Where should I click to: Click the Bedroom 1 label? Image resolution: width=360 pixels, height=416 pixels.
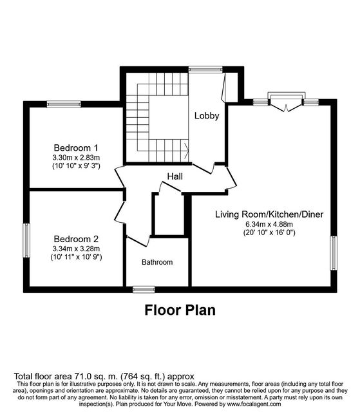coord(76,147)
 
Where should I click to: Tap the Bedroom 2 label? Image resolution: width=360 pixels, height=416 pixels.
coord(76,239)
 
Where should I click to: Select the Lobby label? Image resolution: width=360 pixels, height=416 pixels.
coord(207,116)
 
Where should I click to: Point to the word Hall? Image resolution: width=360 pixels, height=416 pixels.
coord(175,176)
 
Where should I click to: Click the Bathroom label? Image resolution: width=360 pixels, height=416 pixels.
coord(157,262)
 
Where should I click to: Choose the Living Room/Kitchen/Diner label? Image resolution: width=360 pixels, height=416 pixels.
coord(269,214)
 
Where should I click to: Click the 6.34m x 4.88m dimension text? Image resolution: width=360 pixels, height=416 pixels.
coord(269,224)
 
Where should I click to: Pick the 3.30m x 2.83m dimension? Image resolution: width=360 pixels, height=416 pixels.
coord(76,158)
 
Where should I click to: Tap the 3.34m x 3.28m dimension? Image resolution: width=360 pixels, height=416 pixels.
coord(76,249)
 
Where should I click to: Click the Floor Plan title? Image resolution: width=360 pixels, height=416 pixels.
coord(180,310)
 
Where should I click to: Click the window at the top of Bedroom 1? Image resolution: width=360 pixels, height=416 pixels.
coord(64,104)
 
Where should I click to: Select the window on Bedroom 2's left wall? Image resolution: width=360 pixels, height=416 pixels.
coord(26,240)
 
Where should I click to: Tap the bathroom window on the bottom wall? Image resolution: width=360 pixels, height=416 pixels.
coord(144,289)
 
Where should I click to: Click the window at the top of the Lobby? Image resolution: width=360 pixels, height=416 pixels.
coord(205,70)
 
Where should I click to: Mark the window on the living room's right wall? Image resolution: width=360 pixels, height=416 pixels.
coord(334,253)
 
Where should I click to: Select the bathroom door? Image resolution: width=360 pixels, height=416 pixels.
coord(138,241)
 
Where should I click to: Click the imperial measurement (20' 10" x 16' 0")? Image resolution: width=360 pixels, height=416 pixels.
coord(269,232)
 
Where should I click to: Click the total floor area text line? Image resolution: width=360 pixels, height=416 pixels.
coord(104,376)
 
